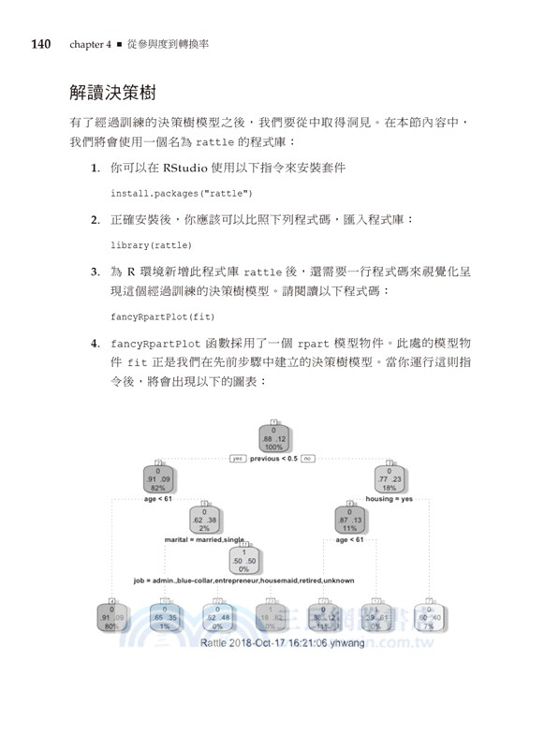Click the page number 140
click(x=46, y=44)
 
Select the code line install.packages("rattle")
click(x=182, y=193)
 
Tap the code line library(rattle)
click(x=151, y=244)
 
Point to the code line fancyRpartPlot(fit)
click(x=162, y=316)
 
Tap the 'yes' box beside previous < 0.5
click(x=237, y=458)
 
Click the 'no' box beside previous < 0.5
click(x=307, y=458)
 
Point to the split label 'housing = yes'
click(x=390, y=500)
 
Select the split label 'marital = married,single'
click(x=204, y=540)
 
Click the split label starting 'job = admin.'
click(x=244, y=580)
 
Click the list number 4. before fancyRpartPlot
click(x=96, y=344)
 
